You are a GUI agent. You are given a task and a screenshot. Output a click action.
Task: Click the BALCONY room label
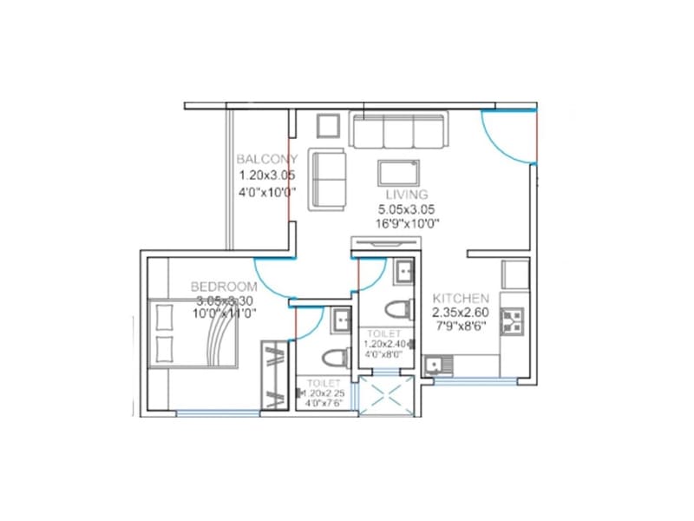click(x=267, y=159)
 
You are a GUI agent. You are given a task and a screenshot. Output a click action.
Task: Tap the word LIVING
click(x=407, y=195)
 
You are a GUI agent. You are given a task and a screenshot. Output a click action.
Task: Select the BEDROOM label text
click(x=224, y=287)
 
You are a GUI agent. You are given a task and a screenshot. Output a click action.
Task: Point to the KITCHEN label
click(x=461, y=299)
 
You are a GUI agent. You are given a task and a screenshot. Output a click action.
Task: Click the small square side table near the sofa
click(x=328, y=128)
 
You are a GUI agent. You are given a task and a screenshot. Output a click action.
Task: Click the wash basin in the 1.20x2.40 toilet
click(x=404, y=274)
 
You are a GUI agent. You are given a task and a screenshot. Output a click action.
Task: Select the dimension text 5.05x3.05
click(x=406, y=209)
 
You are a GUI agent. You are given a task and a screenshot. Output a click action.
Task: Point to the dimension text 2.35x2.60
click(x=461, y=313)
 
